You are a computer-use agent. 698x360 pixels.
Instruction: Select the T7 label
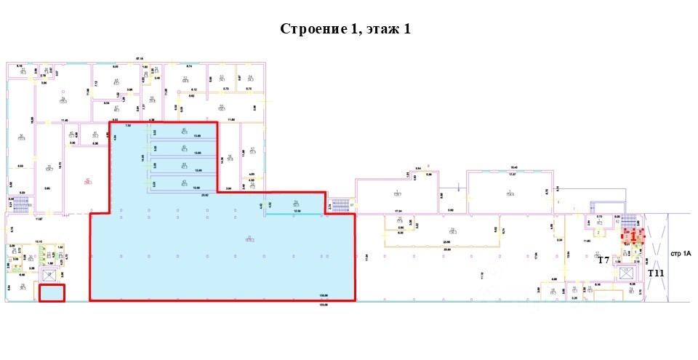[603, 260]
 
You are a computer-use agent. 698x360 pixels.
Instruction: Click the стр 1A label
[681, 254]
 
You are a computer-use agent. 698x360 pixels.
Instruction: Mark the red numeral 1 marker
[633, 236]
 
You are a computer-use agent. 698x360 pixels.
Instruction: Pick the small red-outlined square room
[52, 293]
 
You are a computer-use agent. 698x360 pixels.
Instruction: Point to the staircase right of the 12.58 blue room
[339, 205]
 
